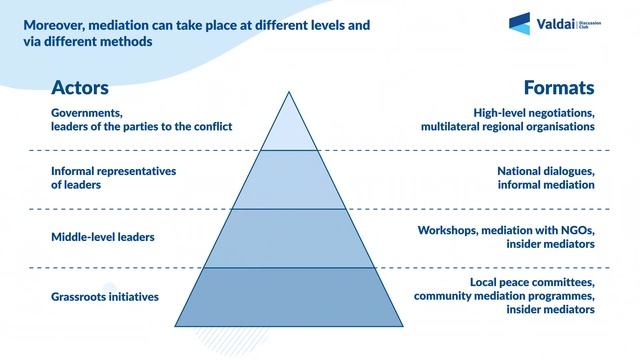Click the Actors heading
click(80, 88)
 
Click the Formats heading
click(559, 88)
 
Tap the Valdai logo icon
click(519, 23)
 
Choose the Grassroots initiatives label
click(105, 297)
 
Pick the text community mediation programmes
click(504, 296)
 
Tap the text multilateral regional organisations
click(508, 126)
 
